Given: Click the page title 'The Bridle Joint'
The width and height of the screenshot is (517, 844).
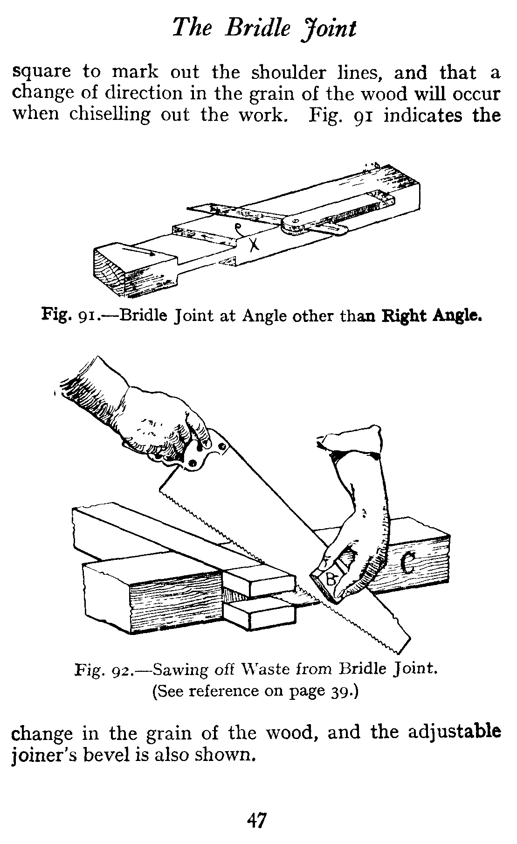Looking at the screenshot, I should point(264,29).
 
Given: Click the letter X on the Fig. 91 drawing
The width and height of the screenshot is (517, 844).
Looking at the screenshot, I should point(253,243).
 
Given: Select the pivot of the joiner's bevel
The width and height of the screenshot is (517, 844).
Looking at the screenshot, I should point(292,224).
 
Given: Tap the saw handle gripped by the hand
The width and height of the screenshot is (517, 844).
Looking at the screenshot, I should point(200,455).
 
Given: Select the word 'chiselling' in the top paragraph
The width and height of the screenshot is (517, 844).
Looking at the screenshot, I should point(110,114).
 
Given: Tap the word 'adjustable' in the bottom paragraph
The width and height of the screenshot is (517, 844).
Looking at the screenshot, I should point(455,732).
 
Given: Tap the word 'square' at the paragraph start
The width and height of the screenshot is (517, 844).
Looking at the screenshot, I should point(41,72).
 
